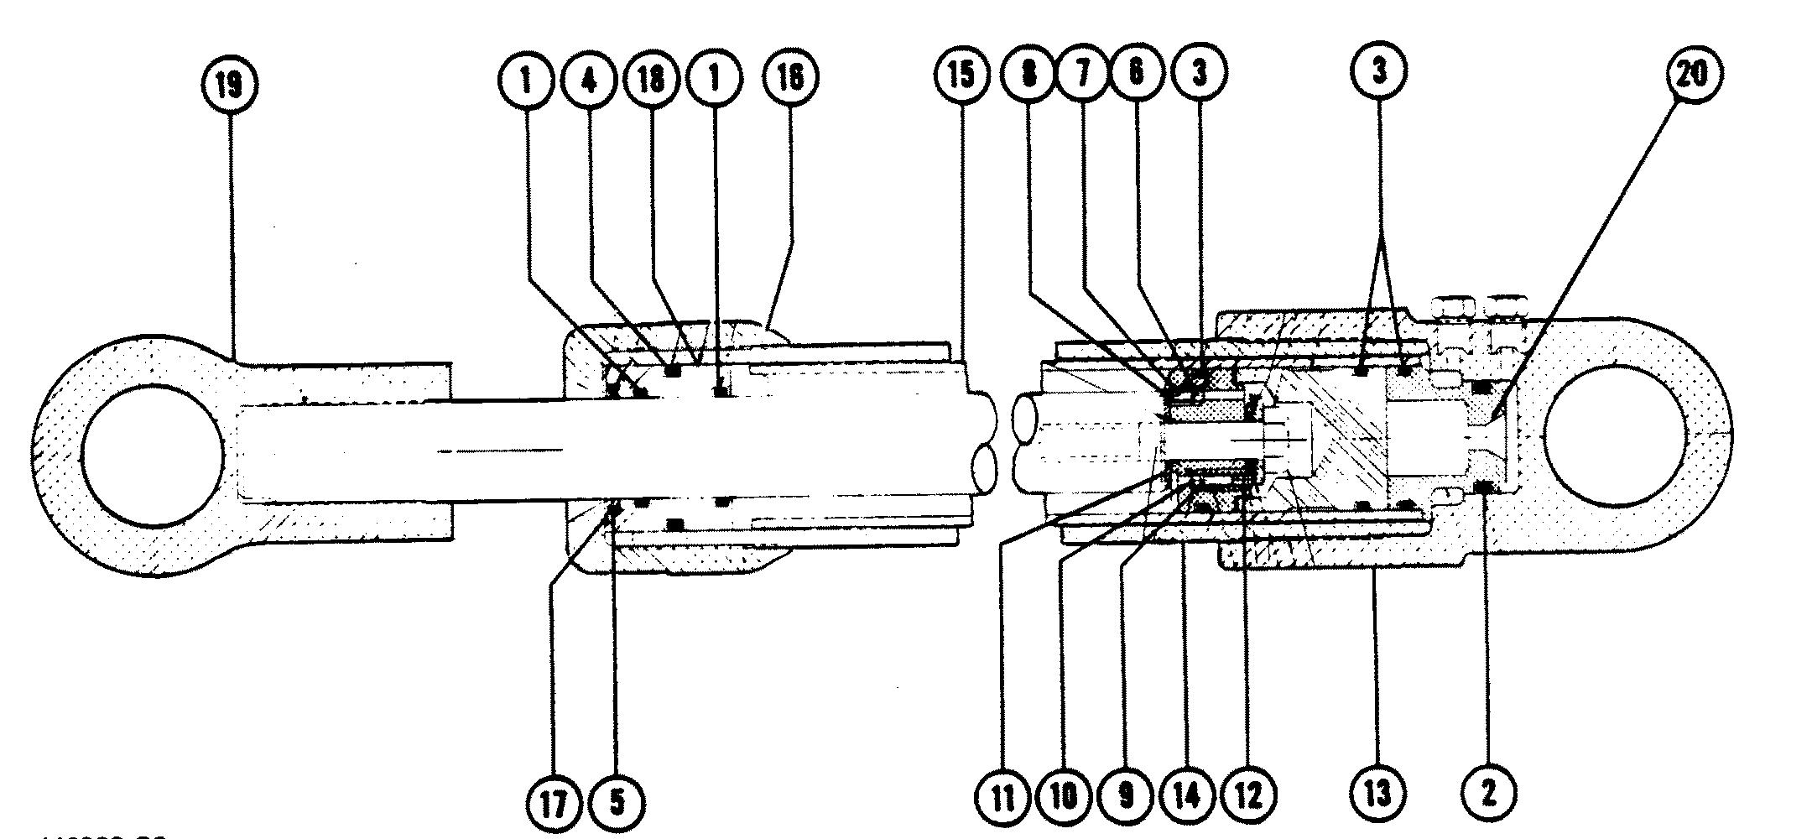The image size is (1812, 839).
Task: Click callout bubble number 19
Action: tap(230, 85)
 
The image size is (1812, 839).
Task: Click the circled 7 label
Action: tap(1083, 73)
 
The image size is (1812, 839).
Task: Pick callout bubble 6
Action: tap(1137, 73)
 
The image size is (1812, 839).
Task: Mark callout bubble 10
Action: tap(1064, 795)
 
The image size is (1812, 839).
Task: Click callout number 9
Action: tap(1126, 795)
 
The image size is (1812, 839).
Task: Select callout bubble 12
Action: tap(1248, 795)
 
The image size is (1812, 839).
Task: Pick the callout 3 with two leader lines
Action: tap(1379, 73)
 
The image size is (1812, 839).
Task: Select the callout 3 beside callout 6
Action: tap(1200, 73)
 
